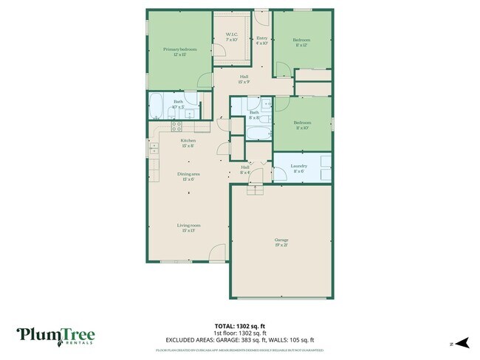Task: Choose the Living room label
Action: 188,227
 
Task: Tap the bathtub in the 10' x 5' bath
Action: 157,106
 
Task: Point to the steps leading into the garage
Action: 255,190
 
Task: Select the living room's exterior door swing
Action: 217,253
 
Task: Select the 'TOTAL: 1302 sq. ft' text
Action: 240,325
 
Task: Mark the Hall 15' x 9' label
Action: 244,78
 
